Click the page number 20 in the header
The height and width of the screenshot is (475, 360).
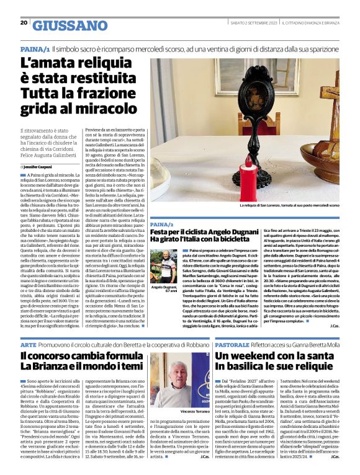point(24,23)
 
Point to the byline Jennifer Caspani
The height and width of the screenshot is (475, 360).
point(40,167)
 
